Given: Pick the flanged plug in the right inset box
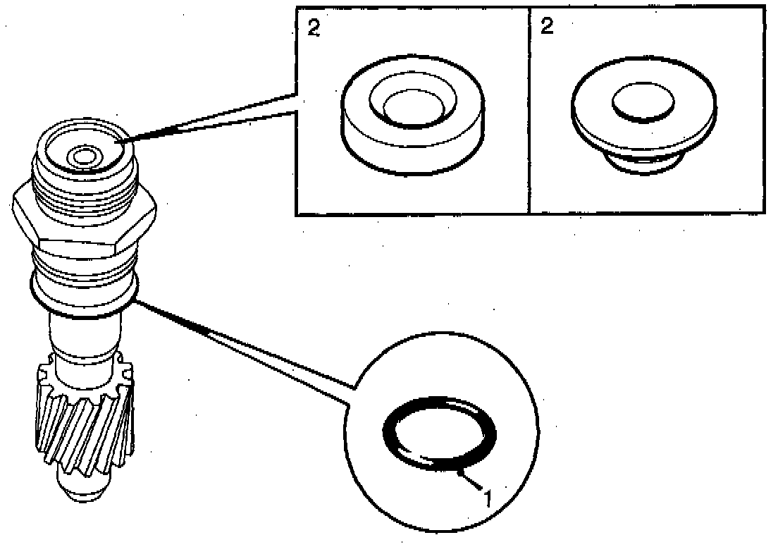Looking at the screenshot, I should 647,120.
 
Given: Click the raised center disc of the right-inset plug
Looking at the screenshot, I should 643,104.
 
